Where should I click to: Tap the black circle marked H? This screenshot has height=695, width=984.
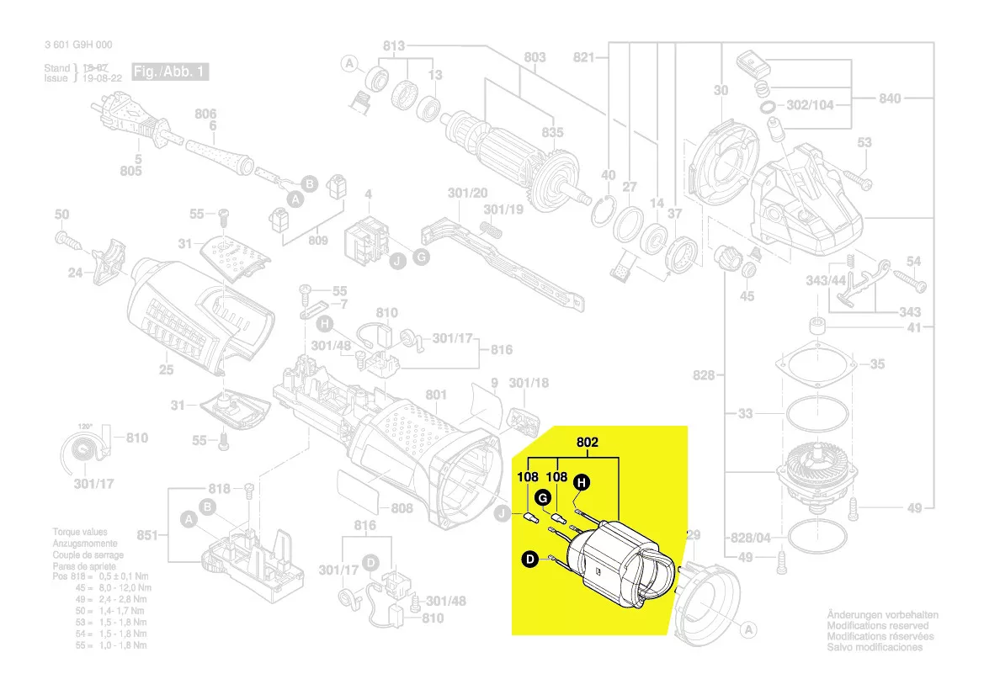[581, 482]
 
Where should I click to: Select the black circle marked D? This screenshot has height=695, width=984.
[530, 558]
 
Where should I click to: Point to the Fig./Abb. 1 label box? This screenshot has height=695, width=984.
[169, 72]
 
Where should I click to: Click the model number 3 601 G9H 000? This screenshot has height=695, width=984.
[78, 45]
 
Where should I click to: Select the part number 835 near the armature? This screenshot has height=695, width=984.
[552, 133]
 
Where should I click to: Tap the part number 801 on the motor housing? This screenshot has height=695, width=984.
[436, 394]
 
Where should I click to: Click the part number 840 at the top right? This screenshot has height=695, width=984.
[890, 98]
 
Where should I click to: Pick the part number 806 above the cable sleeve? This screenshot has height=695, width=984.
[206, 114]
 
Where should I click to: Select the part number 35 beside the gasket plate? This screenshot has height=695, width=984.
[877, 364]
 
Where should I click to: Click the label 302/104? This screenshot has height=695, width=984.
[809, 106]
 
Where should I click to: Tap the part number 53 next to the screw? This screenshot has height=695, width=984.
[864, 143]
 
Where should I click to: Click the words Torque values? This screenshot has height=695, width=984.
[81, 533]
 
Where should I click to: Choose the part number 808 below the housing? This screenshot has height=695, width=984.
[402, 508]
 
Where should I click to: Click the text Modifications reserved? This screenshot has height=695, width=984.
[877, 625]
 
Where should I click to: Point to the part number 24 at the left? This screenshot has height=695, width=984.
[76, 273]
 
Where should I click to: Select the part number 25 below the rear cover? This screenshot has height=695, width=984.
[166, 369]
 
